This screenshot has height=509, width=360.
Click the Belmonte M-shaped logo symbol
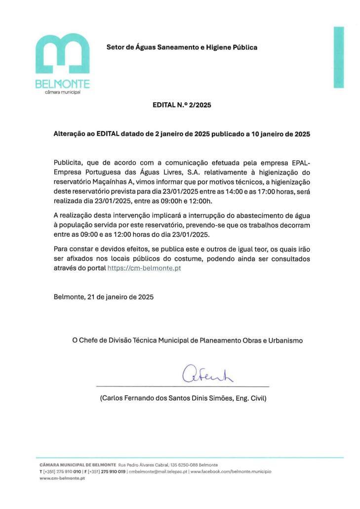click(x=62, y=53)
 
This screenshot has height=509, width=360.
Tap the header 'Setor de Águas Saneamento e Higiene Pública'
click(x=182, y=47)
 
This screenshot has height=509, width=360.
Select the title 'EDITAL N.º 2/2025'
click(x=182, y=105)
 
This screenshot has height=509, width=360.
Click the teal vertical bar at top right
click(x=339, y=57)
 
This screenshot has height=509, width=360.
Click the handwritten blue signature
click(x=207, y=374)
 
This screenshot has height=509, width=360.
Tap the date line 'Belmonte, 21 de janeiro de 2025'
click(x=104, y=297)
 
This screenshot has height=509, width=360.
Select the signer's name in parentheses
click(x=183, y=398)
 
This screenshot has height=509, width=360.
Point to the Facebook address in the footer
click(x=231, y=471)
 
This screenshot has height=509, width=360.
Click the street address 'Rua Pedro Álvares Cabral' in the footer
click(x=143, y=465)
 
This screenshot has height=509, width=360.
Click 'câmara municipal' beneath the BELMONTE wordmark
click(x=62, y=92)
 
